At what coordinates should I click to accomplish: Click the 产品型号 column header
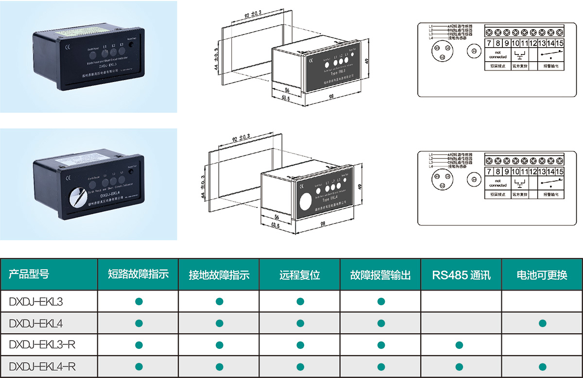click(29, 275)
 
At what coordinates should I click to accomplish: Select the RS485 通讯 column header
click(461, 275)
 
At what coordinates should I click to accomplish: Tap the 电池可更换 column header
click(542, 275)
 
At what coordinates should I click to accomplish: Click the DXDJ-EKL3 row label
click(36, 302)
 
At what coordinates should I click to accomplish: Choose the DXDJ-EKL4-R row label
click(42, 366)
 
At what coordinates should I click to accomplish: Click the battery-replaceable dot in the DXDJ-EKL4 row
click(543, 323)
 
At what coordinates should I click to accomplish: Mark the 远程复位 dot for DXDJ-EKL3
click(300, 302)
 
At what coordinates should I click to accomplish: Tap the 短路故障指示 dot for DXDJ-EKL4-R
click(139, 366)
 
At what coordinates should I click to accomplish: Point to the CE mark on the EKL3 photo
click(68, 47)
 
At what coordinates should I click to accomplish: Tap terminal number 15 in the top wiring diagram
click(560, 44)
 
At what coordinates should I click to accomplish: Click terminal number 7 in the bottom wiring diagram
click(489, 172)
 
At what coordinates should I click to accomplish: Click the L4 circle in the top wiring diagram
click(475, 51)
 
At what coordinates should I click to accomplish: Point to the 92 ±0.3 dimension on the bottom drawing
click(240, 139)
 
